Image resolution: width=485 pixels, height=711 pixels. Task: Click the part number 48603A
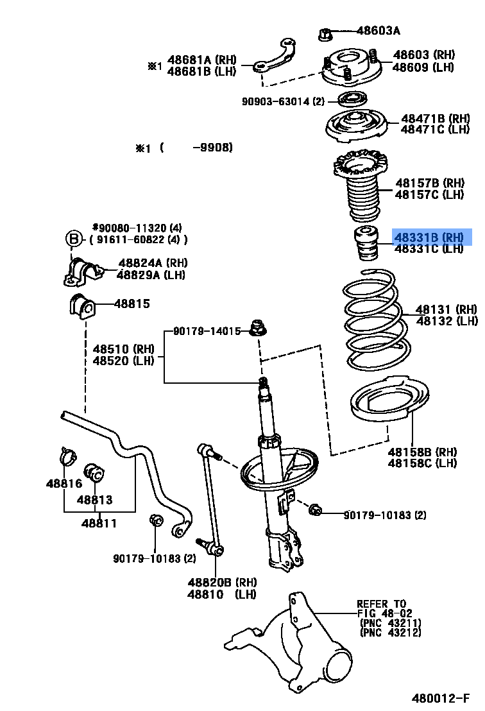click(x=378, y=30)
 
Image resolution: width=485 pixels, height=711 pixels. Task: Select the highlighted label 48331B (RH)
click(x=429, y=237)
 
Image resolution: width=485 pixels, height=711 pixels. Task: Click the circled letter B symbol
click(x=74, y=239)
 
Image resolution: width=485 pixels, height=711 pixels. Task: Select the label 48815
click(x=132, y=304)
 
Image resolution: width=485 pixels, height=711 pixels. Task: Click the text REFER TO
click(x=381, y=604)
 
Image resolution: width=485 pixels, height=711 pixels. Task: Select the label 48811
click(x=99, y=523)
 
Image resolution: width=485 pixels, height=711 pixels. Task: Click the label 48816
click(x=64, y=483)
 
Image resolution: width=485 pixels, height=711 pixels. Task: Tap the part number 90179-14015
click(x=207, y=332)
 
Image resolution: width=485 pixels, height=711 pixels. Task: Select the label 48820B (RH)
click(x=222, y=582)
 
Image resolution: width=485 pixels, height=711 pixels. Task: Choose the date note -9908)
click(x=212, y=148)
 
